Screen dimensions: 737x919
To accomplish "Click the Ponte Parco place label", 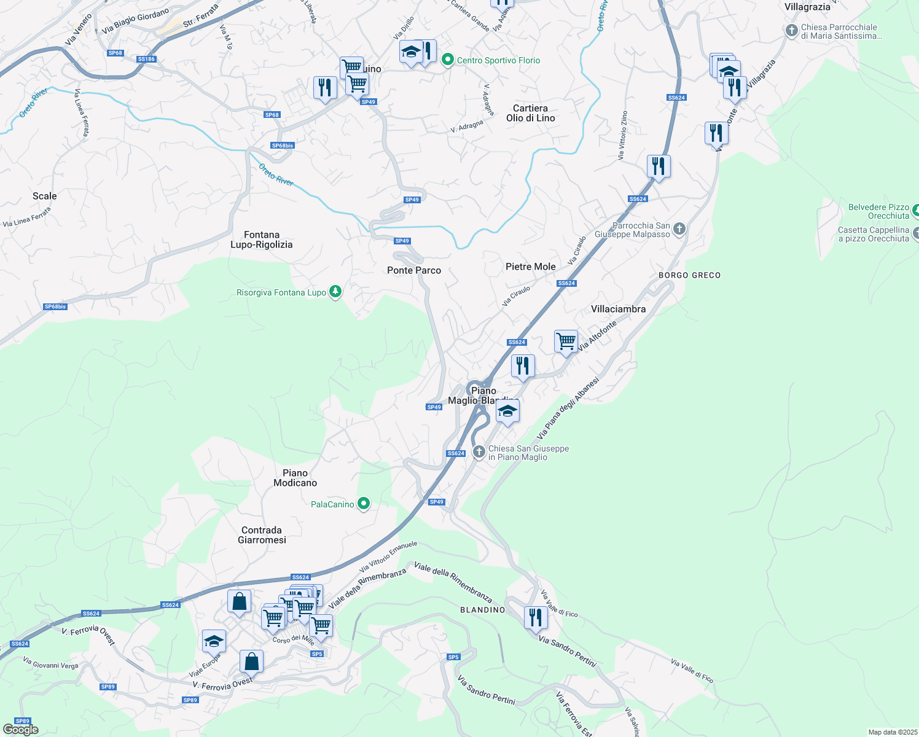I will point(414,270).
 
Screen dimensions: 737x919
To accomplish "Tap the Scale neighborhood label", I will point(44,196).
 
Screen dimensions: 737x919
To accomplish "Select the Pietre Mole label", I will point(530,267).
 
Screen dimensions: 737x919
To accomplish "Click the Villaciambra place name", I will point(618,309).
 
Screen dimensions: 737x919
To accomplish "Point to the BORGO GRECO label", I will point(689,275).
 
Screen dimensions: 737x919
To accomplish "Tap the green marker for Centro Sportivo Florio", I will point(448,60).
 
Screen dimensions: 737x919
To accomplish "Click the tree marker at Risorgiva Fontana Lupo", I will point(335,292).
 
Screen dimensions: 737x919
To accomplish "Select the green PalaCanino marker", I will point(364,504).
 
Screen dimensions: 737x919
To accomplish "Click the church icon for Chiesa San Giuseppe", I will point(479,453).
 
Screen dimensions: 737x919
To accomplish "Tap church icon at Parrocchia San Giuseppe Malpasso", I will point(679,229).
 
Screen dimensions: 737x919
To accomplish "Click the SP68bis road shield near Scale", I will point(55,306).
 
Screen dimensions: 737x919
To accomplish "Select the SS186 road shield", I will point(146,60).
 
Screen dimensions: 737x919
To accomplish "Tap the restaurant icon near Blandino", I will point(536,617).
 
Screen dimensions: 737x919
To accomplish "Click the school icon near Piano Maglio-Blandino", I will point(507,411).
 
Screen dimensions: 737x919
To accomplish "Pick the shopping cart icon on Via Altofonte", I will point(566,341).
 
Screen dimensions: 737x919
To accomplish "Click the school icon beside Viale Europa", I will point(214,641).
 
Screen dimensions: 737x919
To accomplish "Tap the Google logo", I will point(21,730).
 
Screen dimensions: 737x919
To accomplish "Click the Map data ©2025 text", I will point(893,732).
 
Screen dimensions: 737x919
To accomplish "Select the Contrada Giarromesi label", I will point(262,535).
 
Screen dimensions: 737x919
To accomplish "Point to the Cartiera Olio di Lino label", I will point(530,113).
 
